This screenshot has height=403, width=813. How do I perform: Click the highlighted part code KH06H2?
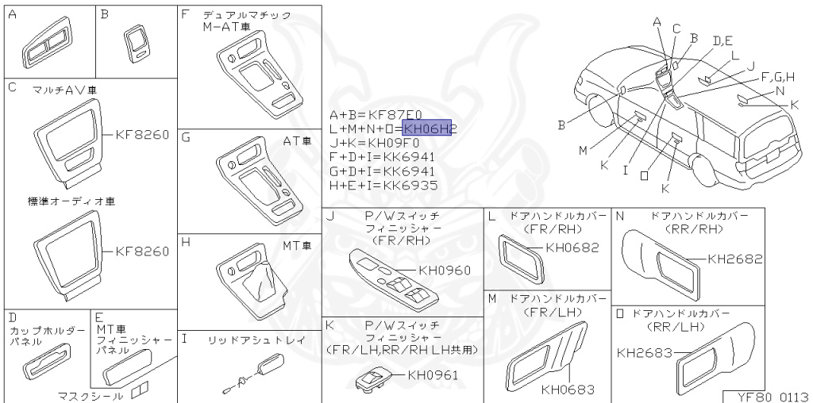(x=427, y=129)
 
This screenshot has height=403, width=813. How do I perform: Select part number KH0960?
(x=445, y=271)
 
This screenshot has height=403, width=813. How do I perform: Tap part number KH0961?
(x=433, y=375)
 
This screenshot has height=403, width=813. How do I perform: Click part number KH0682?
(x=572, y=248)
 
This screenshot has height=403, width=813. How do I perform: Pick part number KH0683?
(x=568, y=390)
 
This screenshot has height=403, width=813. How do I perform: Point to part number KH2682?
(x=734, y=259)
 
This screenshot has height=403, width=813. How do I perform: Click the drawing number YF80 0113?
(x=768, y=396)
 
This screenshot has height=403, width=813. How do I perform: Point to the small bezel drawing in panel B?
(x=137, y=44)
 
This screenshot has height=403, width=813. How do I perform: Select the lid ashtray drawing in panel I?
(x=270, y=366)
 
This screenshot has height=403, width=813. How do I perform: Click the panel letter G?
(x=186, y=136)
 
